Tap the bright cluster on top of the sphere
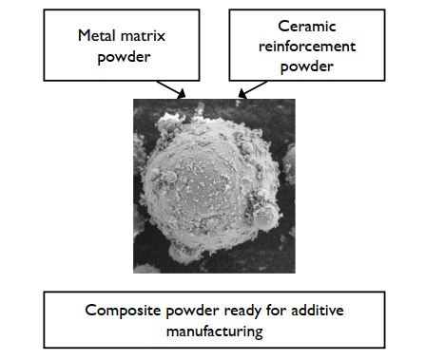click(x=198, y=120)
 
